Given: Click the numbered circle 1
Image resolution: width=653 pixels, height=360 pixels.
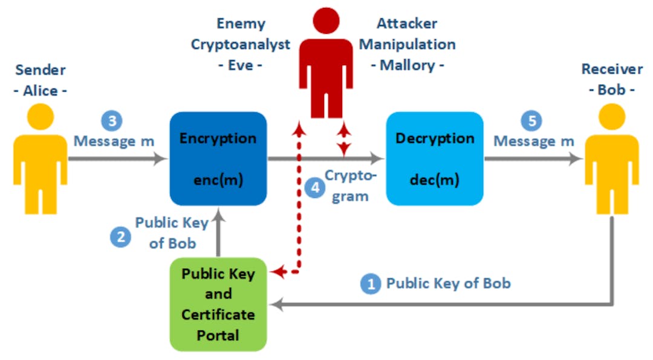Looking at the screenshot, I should pyautogui.click(x=371, y=283).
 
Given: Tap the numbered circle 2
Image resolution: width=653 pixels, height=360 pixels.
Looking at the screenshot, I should pyautogui.click(x=120, y=237).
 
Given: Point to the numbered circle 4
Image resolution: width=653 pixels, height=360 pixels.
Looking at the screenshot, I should pyautogui.click(x=314, y=188).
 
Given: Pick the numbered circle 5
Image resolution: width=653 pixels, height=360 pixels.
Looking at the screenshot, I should pyautogui.click(x=531, y=120).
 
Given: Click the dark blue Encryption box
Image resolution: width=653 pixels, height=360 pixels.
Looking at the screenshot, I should pyautogui.click(x=218, y=159).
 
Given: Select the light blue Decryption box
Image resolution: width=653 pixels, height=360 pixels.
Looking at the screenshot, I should pyautogui.click(x=435, y=159).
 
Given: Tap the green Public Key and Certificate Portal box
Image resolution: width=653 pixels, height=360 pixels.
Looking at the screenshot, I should pyautogui.click(x=218, y=304).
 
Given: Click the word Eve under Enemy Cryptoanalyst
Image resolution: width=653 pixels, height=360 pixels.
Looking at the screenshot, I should pyautogui.click(x=240, y=65).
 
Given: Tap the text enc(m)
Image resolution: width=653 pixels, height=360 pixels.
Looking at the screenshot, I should pyautogui.click(x=218, y=180).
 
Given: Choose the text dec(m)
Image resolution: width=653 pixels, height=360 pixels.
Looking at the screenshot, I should pyautogui.click(x=435, y=180).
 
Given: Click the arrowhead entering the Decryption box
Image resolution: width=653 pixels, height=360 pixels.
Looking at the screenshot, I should pyautogui.click(x=379, y=159).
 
